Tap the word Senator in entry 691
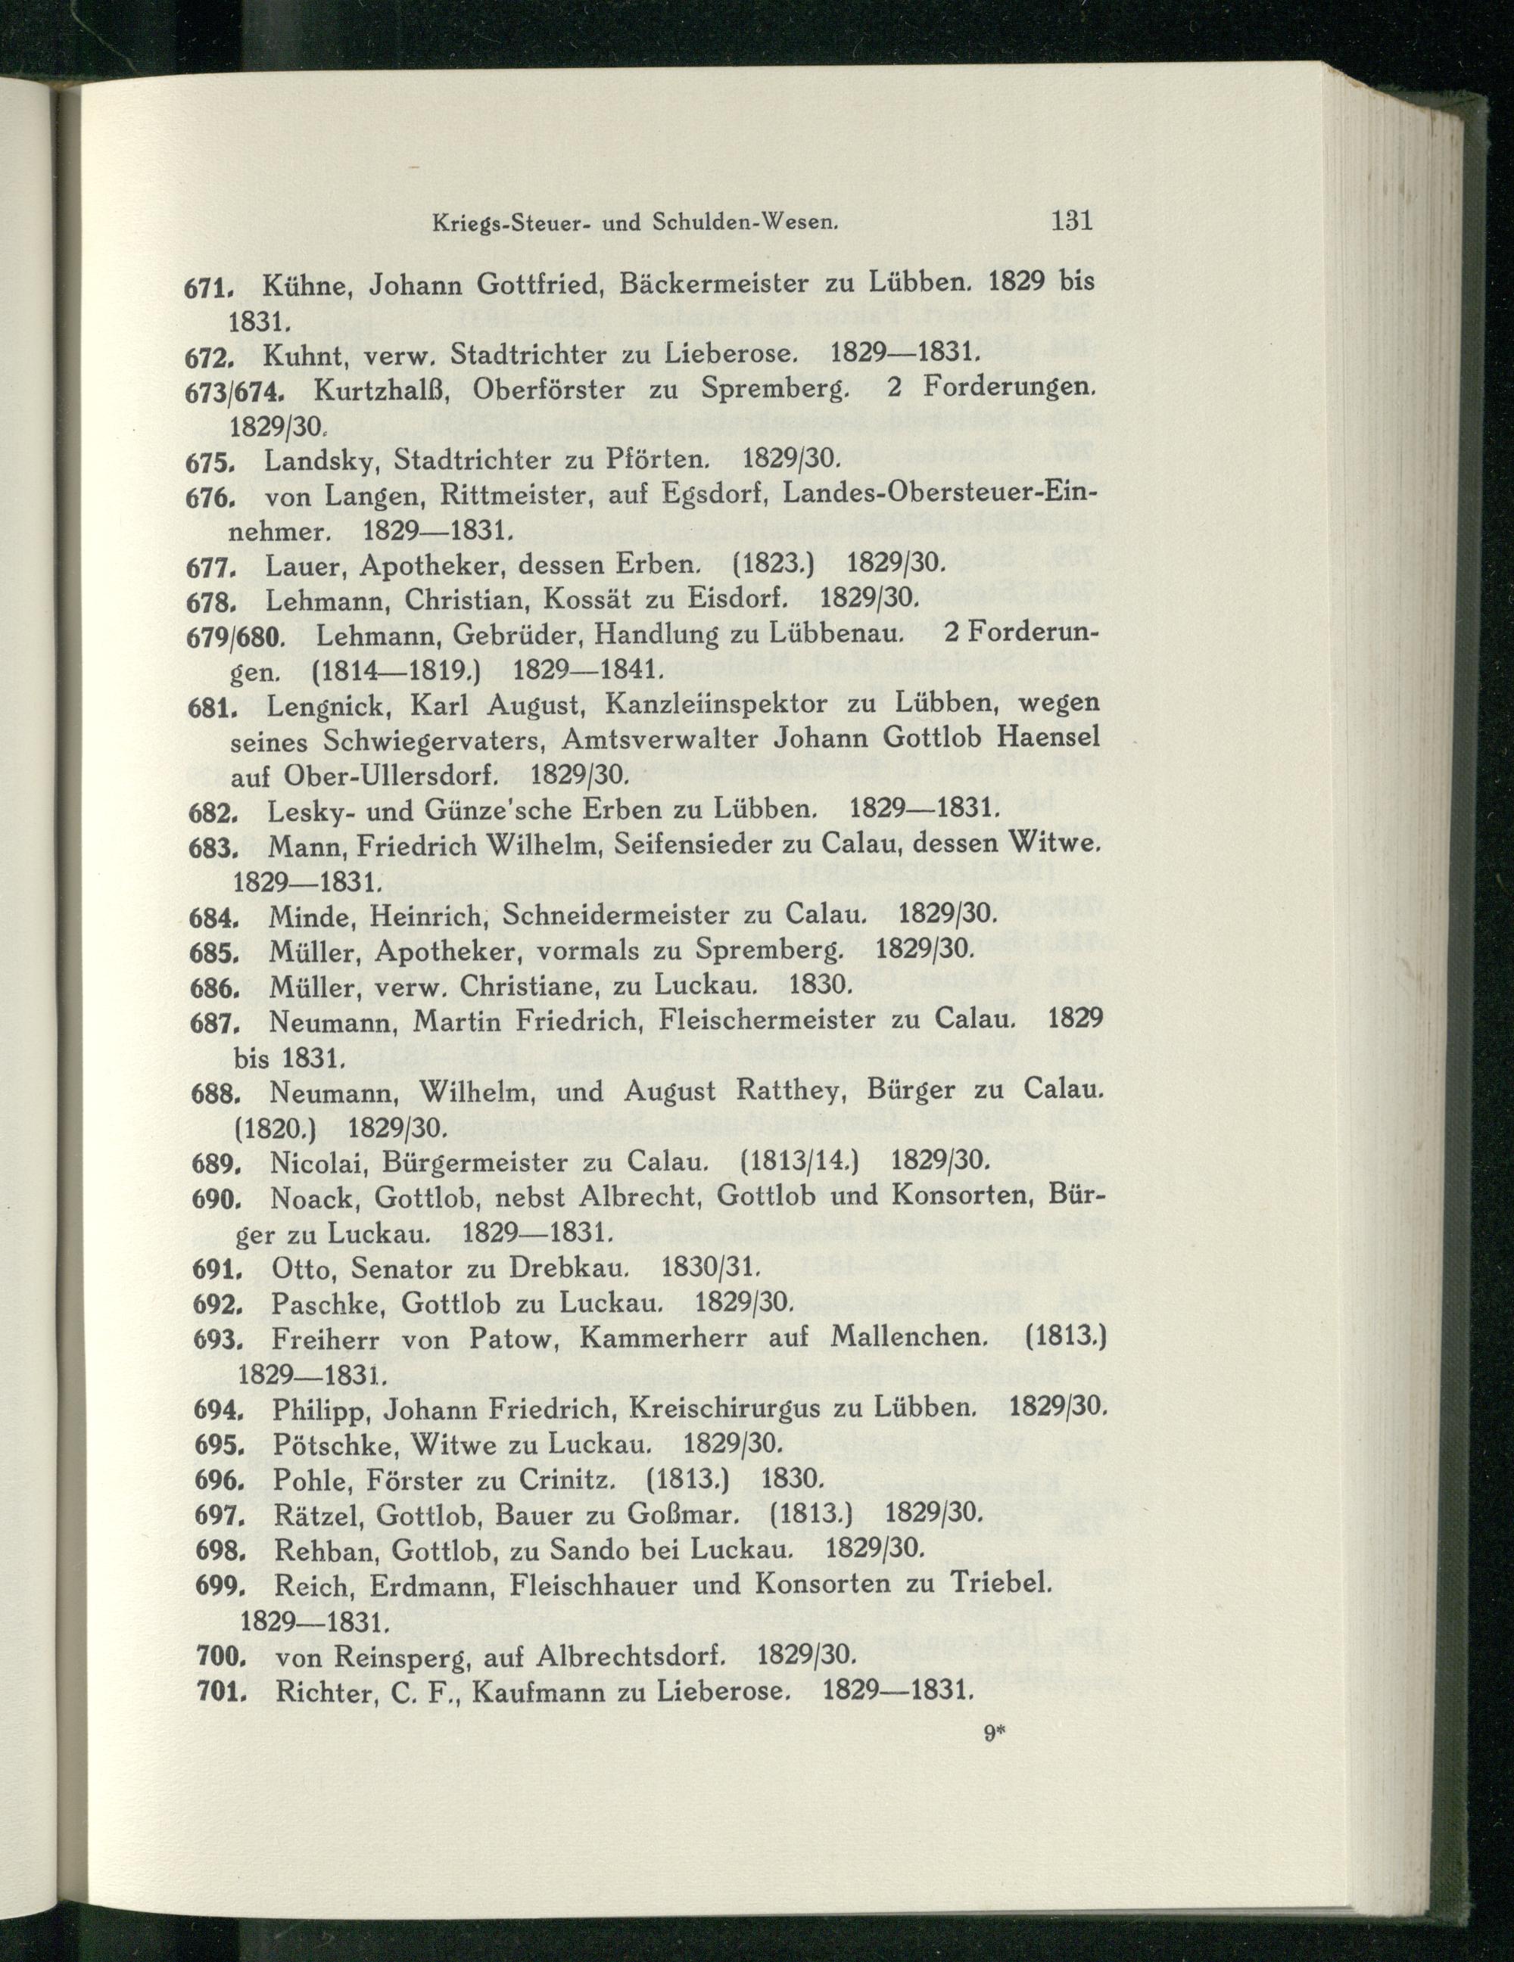[403, 1267]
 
